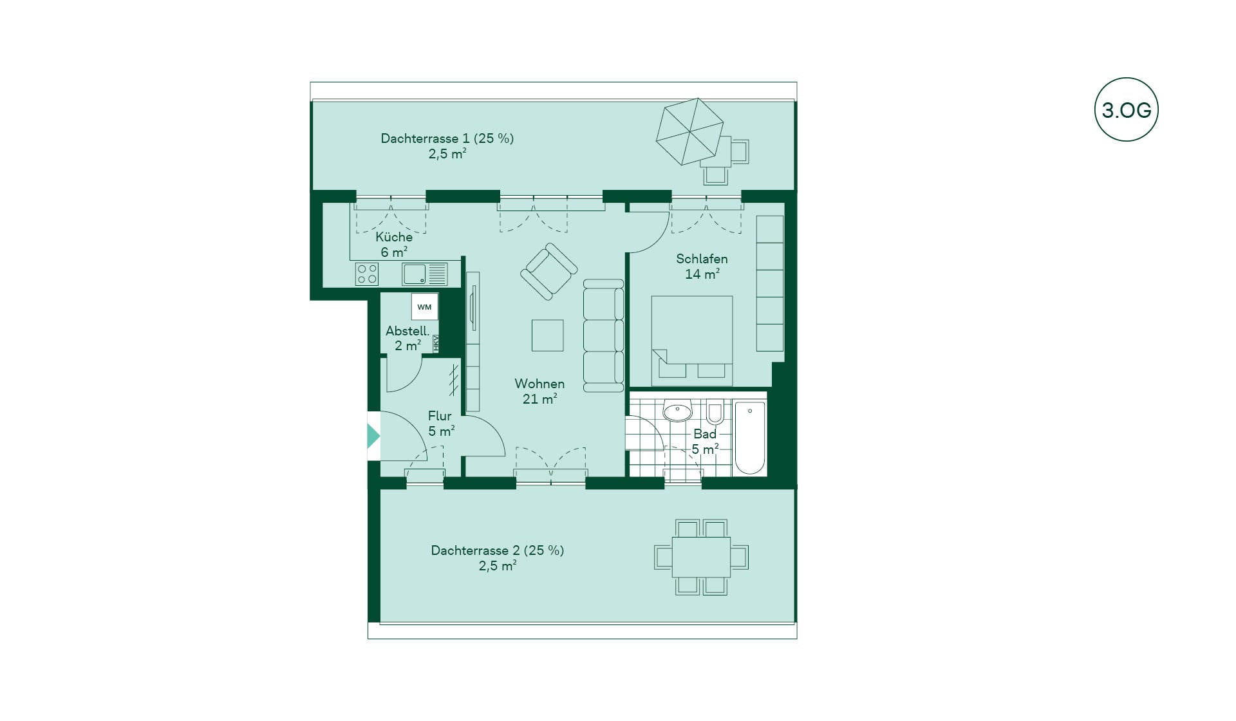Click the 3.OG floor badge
click(1126, 109)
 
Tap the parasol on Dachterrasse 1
click(689, 131)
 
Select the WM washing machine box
click(425, 306)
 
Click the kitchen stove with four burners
click(367, 274)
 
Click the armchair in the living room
click(548, 271)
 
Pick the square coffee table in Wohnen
click(547, 335)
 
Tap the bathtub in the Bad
click(750, 438)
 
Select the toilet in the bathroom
click(715, 412)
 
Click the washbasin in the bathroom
click(677, 411)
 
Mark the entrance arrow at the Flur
click(373, 436)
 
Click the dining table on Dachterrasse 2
click(701, 557)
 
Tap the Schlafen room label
click(702, 259)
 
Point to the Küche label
click(394, 237)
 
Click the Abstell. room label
click(407, 331)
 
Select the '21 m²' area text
click(539, 399)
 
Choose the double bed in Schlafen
click(692, 341)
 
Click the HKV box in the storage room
click(436, 343)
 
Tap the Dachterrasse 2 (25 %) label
click(498, 550)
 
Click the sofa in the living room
click(603, 335)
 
